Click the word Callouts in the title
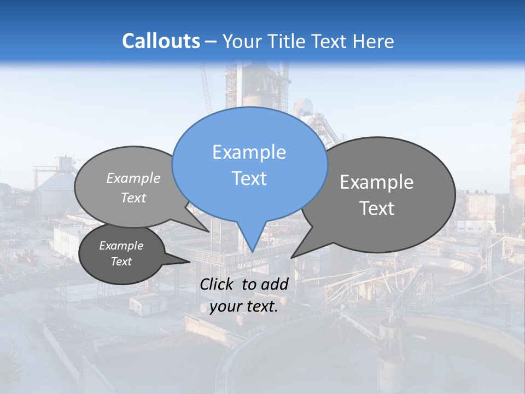(161, 41)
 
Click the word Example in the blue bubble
(249, 152)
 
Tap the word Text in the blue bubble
(249, 178)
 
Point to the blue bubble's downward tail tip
(252, 251)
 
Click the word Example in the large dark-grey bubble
(377, 182)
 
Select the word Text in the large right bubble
(377, 208)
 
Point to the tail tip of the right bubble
(291, 257)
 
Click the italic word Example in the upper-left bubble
(133, 178)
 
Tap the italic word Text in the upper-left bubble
(133, 198)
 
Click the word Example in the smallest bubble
(121, 246)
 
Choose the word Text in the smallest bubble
(121, 262)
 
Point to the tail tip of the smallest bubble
(189, 262)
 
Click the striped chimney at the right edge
(517, 148)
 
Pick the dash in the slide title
(211, 42)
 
